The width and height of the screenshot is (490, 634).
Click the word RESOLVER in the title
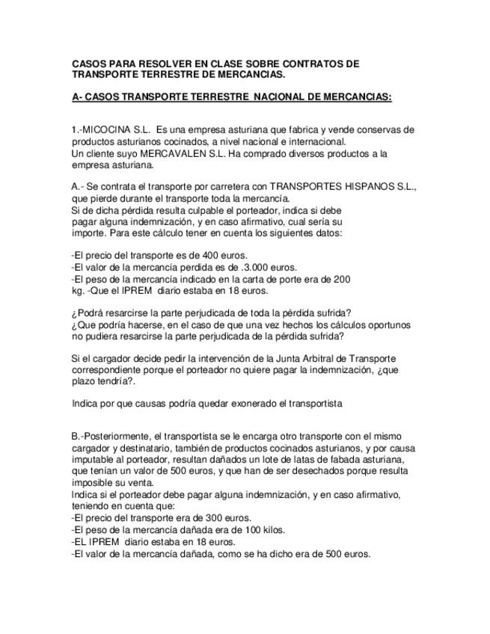pos(156,64)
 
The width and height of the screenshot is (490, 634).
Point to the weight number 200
pos(342,278)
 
